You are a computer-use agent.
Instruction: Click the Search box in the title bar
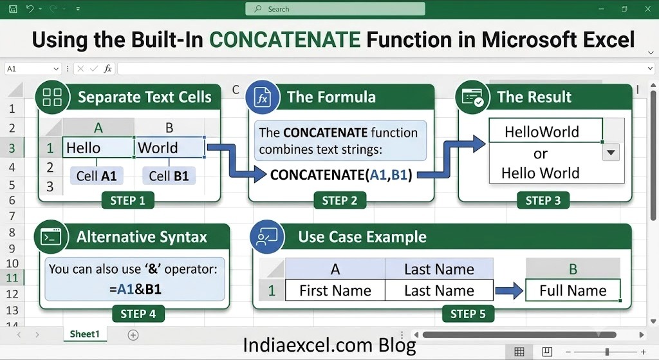pos(335,9)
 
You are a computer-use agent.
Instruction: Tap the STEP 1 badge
pos(128,200)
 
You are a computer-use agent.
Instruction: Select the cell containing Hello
pos(98,147)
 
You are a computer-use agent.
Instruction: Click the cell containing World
pos(169,147)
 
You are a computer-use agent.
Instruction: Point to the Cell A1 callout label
pos(97,176)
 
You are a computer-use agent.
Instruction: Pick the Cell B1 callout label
pos(169,176)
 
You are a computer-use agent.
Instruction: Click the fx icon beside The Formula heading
pos(263,98)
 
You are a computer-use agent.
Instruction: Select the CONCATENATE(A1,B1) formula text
pos(341,175)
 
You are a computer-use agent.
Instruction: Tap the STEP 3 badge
pos(543,200)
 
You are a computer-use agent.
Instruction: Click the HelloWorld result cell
pos(546,131)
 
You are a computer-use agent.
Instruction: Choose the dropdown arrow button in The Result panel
pos(611,152)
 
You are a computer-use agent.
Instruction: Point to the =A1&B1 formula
pos(135,289)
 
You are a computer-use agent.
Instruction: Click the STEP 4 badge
pos(138,314)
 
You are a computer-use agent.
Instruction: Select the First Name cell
pos(335,290)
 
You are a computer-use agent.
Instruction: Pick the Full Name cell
pos(573,290)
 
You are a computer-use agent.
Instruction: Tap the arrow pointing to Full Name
pos(509,290)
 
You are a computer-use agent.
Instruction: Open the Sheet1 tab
pos(85,334)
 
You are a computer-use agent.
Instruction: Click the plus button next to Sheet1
pos(133,335)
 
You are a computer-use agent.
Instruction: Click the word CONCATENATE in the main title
pos(285,40)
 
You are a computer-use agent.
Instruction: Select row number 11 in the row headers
pos(12,278)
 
